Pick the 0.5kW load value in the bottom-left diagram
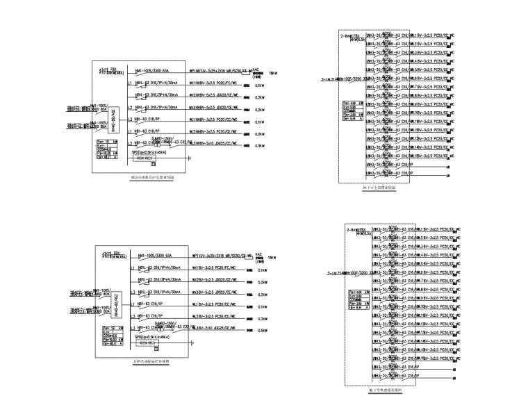[263, 331]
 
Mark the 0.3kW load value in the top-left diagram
[259, 146]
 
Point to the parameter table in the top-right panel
[353, 109]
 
